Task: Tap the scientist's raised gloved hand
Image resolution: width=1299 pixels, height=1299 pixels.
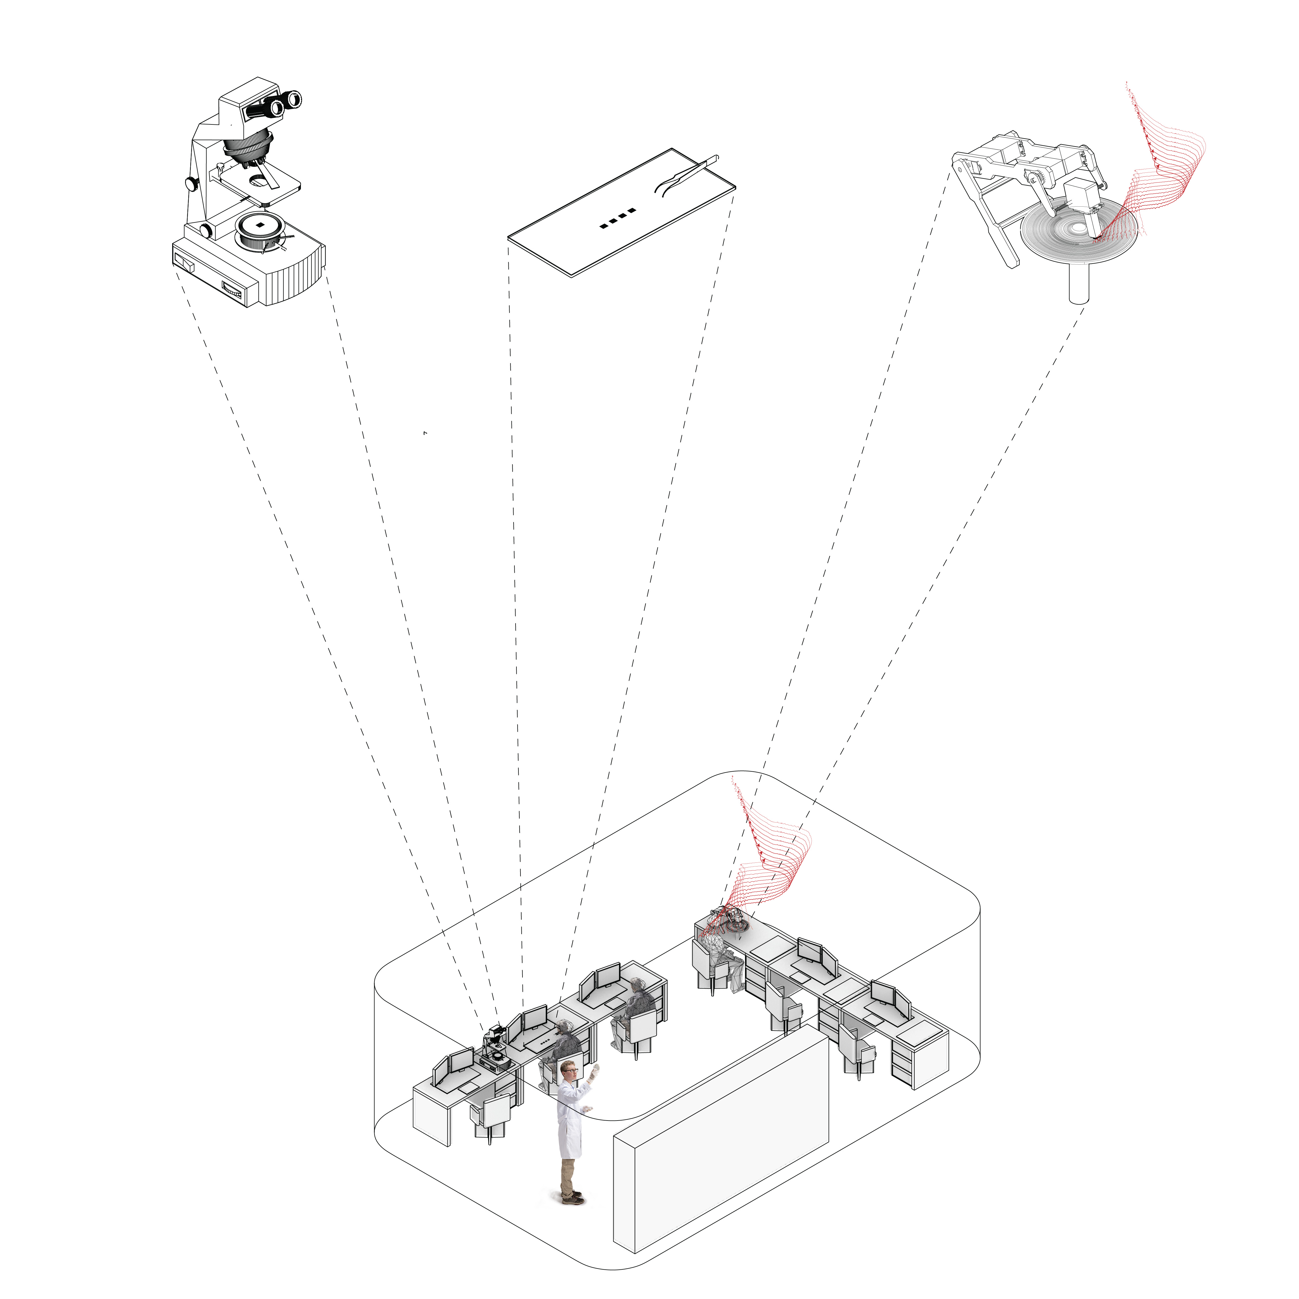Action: click(594, 1071)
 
